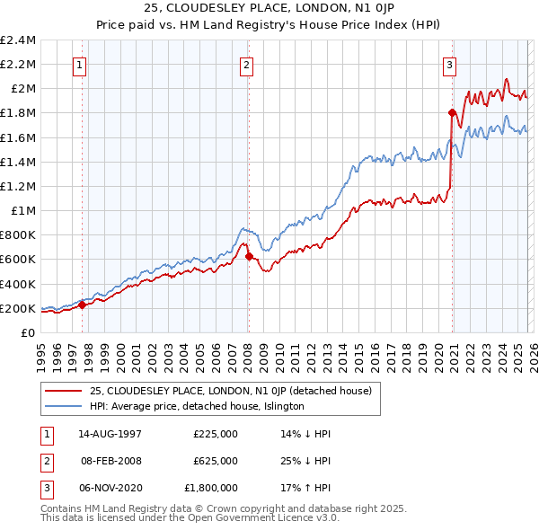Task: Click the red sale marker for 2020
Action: pos(452,112)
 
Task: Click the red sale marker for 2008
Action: pos(249,256)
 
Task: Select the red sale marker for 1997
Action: pos(82,305)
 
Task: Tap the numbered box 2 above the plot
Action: pos(247,64)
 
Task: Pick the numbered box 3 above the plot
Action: pos(449,64)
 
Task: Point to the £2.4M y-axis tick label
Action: pos(18,40)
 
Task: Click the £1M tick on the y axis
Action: pos(23,211)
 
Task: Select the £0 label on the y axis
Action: pos(29,332)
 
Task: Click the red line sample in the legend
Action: pos(63,391)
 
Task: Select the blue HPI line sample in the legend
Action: pos(63,406)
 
